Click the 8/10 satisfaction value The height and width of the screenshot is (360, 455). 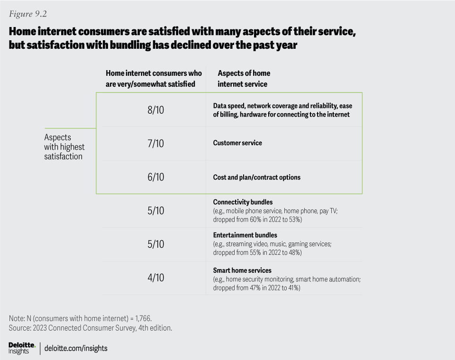[155, 110]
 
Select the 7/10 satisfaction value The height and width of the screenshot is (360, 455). [155, 143]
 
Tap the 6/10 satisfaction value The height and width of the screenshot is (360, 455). [155, 177]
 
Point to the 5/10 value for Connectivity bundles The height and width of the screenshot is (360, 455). [155, 210]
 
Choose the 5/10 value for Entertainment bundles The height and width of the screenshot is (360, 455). [155, 244]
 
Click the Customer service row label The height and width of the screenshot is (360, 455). [237, 143]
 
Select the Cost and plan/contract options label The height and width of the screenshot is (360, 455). [256, 177]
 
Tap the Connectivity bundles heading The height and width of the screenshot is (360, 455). [243, 202]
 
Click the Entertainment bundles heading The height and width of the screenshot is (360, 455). [245, 235]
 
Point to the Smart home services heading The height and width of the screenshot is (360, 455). [242, 270]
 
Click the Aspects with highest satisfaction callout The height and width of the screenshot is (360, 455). [64, 147]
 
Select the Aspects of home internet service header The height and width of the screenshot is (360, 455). [244, 79]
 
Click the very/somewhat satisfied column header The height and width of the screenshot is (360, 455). [154, 79]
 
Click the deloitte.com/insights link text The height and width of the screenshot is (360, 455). [76, 348]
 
